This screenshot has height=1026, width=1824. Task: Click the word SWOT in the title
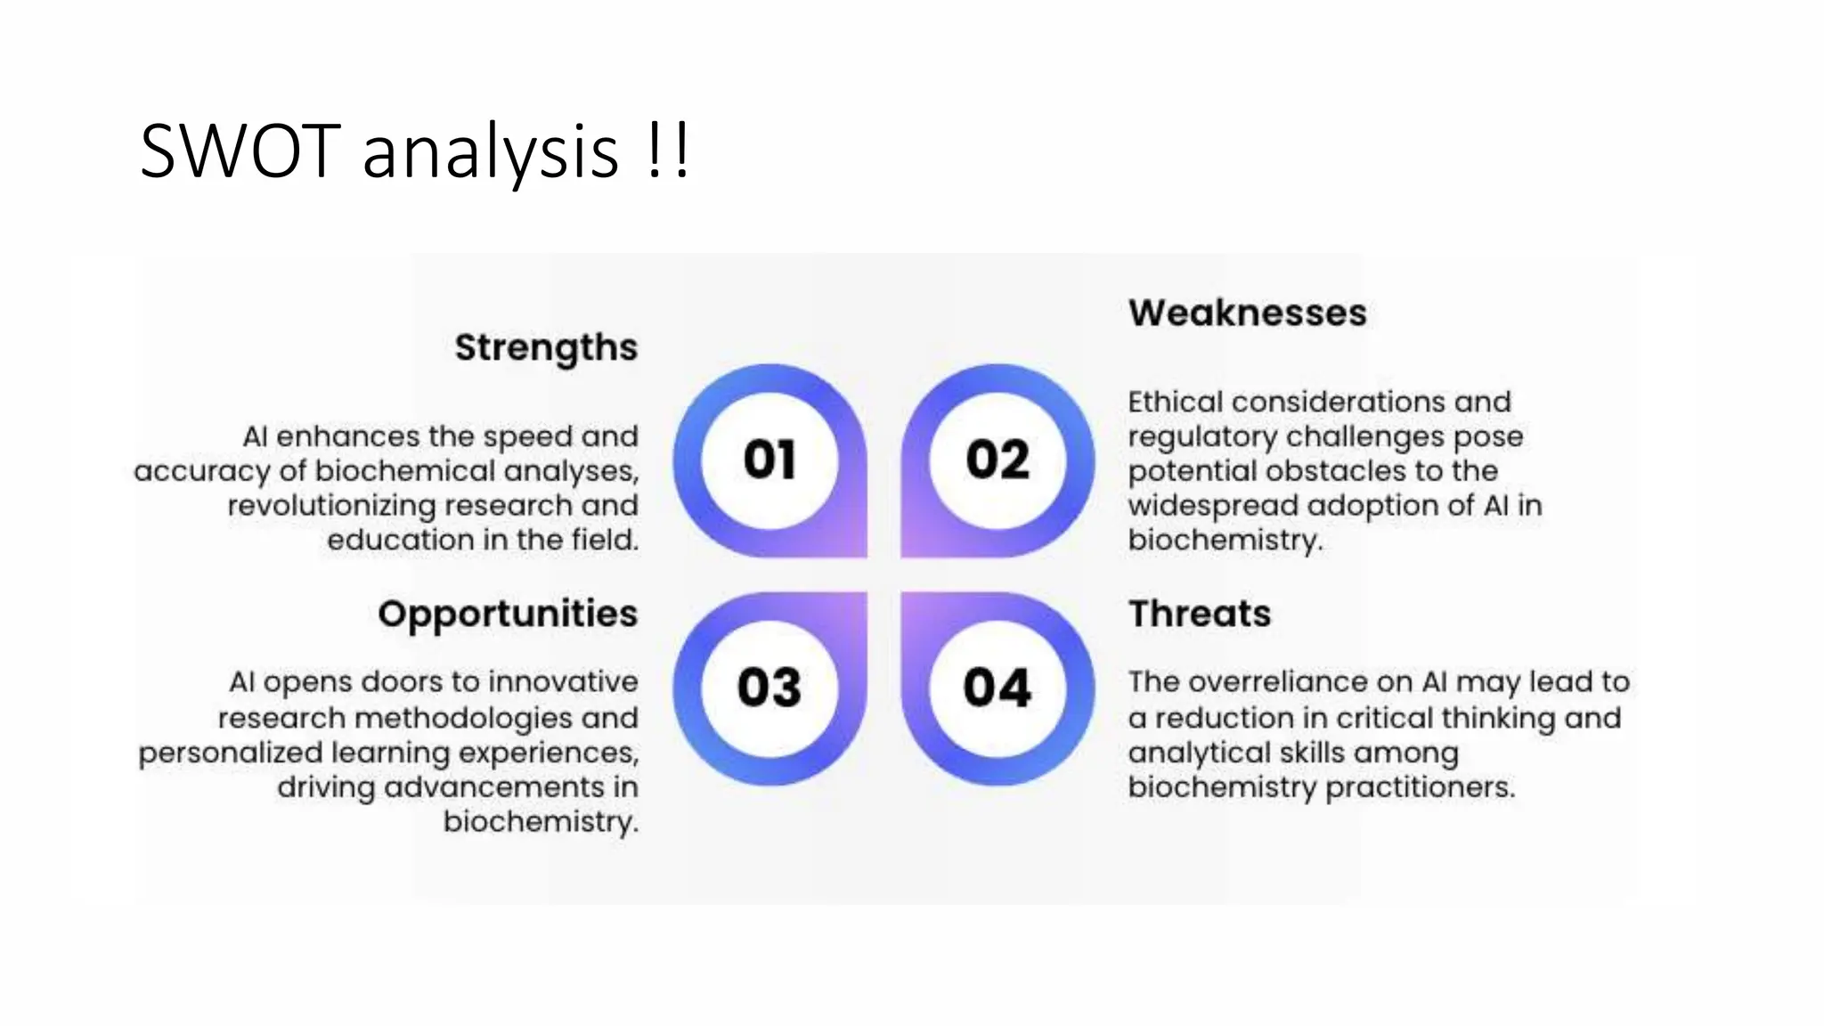(240, 152)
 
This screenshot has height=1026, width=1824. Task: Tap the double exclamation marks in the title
(665, 152)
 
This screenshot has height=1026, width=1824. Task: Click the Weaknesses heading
(1247, 313)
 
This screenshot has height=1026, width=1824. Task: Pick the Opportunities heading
(508, 615)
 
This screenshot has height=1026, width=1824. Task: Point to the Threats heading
(1199, 615)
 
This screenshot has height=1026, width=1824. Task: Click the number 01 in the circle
(769, 460)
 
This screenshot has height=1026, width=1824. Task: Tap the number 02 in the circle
(997, 460)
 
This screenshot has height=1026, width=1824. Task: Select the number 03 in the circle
(769, 688)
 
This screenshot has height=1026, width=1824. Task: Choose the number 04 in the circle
(997, 688)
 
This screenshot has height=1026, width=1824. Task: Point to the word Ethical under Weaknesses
(1175, 402)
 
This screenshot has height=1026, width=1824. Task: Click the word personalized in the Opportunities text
(230, 753)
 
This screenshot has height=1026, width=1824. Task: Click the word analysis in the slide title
(490, 152)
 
